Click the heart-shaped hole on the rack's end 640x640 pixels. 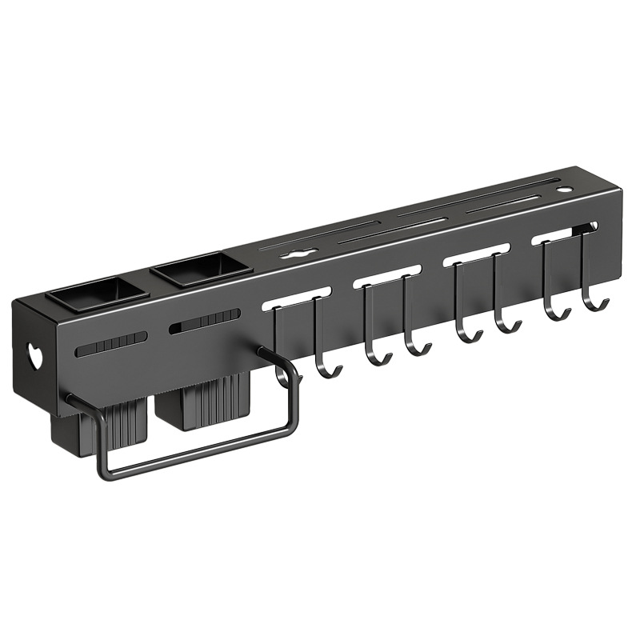tap(34, 355)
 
